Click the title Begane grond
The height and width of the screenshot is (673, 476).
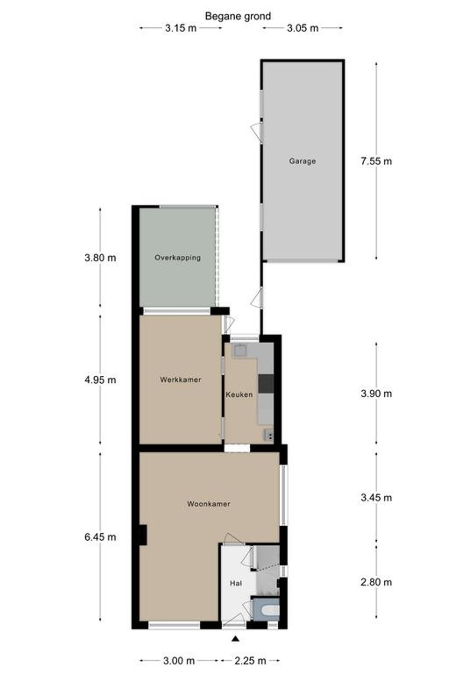238,16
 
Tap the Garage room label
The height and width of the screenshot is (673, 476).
303,161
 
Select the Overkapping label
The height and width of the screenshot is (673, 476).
178,258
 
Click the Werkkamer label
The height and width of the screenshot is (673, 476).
180,379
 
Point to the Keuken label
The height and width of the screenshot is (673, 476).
239,394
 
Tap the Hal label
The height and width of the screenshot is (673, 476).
236,583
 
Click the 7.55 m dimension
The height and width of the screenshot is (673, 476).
376,161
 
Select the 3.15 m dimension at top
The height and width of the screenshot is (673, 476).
180,28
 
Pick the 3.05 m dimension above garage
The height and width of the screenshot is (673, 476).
303,28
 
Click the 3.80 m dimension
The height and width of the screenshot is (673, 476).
100,258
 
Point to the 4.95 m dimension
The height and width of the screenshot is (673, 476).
100,380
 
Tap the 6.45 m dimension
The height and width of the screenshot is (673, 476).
100,537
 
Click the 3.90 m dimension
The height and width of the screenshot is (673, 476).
376,394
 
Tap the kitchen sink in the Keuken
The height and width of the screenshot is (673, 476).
240,350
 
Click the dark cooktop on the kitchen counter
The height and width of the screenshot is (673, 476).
266,383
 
